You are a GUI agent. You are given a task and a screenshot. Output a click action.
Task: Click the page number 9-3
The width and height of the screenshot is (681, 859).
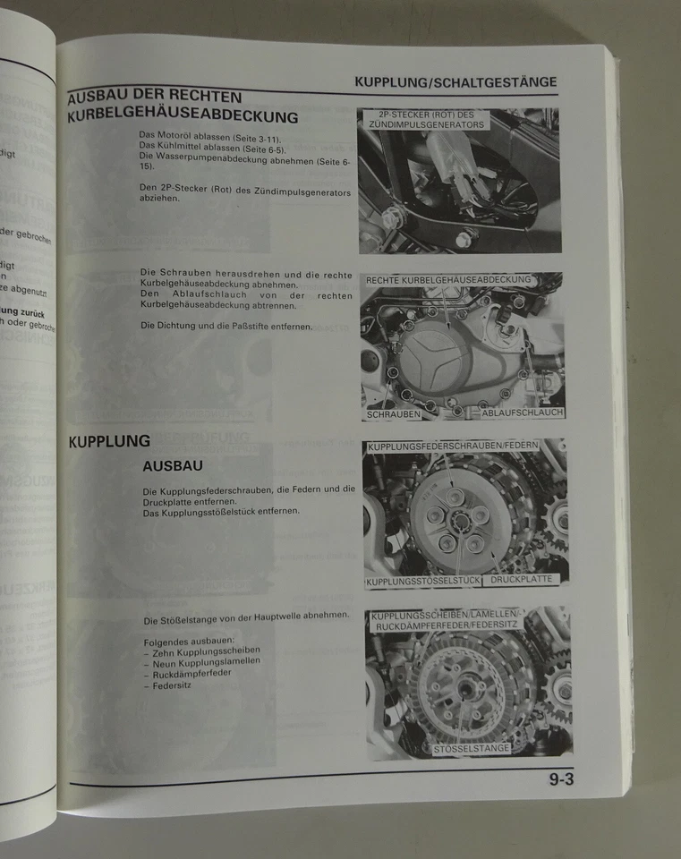tap(561, 778)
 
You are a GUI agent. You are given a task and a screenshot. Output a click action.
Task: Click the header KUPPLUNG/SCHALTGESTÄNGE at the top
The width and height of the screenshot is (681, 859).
tap(455, 82)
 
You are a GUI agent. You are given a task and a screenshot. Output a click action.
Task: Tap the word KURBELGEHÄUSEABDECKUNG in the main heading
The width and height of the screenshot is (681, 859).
tap(183, 116)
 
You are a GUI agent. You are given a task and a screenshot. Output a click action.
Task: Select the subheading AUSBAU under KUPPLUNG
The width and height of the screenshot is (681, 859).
tap(172, 466)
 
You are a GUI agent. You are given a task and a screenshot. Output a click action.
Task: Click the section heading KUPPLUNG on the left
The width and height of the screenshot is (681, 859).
tap(109, 441)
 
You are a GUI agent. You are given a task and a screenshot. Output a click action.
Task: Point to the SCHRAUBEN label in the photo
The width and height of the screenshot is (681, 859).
tap(394, 414)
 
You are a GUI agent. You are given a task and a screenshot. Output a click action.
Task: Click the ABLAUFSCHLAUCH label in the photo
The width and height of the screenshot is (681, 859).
tap(522, 413)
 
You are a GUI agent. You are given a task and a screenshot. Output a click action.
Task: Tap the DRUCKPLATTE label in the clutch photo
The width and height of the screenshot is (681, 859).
tap(524, 580)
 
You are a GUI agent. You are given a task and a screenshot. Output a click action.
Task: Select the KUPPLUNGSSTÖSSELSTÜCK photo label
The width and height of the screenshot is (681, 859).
tap(423, 582)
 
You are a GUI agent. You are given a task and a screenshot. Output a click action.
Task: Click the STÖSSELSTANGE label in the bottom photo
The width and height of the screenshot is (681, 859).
tap(471, 747)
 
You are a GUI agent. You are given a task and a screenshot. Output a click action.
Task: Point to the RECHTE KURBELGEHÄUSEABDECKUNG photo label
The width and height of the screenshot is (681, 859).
tap(448, 280)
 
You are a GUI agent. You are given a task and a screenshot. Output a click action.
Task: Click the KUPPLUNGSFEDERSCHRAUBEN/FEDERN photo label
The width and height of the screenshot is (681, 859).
tap(465, 445)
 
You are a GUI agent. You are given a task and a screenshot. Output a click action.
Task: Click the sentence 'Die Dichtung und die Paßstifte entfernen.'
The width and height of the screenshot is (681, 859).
tap(226, 326)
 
